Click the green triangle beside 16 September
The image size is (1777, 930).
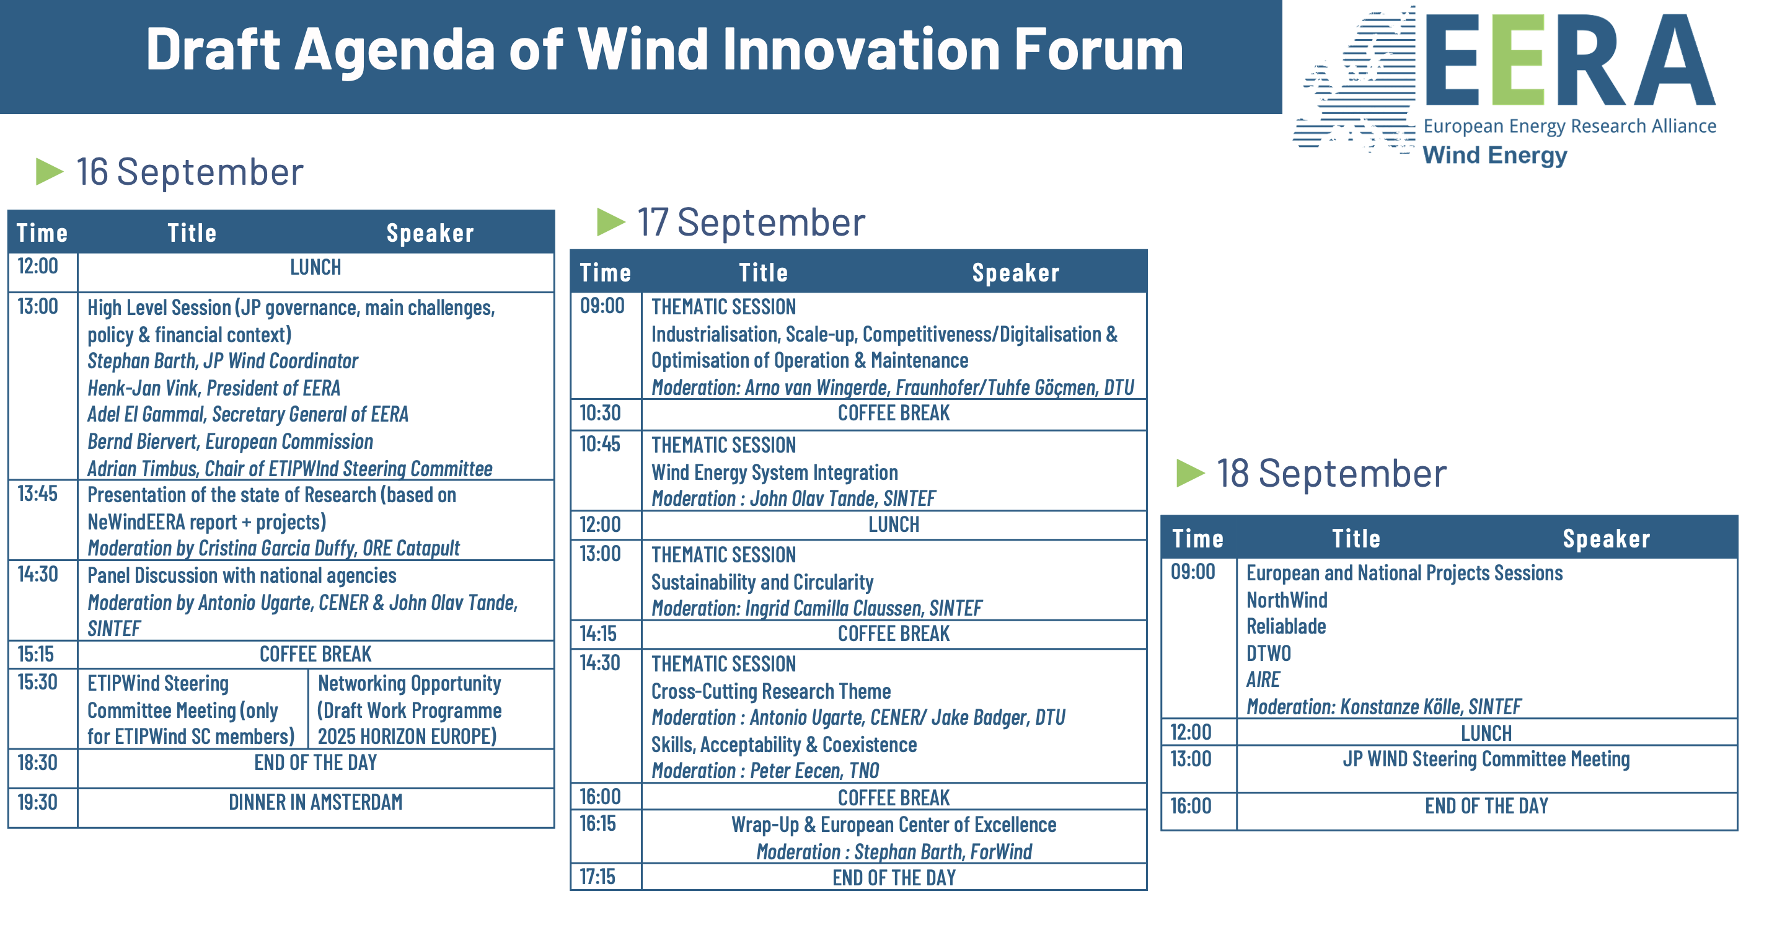pyautogui.click(x=49, y=171)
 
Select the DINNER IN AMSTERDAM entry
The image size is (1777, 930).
pyautogui.click(x=315, y=802)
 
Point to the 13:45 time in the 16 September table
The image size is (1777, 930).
pyautogui.click(x=37, y=494)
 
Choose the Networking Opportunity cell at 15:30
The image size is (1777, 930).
pyautogui.click(x=409, y=709)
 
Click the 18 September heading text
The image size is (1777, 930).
pyautogui.click(x=1331, y=473)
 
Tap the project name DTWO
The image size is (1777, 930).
pyautogui.click(x=1268, y=653)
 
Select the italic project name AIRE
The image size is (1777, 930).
pyautogui.click(x=1263, y=680)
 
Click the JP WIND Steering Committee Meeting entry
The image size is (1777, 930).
pyautogui.click(x=1486, y=759)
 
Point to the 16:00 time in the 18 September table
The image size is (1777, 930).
pyautogui.click(x=1191, y=805)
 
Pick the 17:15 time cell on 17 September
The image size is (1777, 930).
pyautogui.click(x=597, y=877)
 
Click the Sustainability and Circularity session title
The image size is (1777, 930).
pyautogui.click(x=762, y=582)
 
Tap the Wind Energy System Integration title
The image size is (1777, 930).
pyautogui.click(x=775, y=472)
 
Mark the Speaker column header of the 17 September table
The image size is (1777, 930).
pyautogui.click(x=1015, y=273)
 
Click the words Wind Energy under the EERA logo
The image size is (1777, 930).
pyautogui.click(x=1495, y=155)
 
